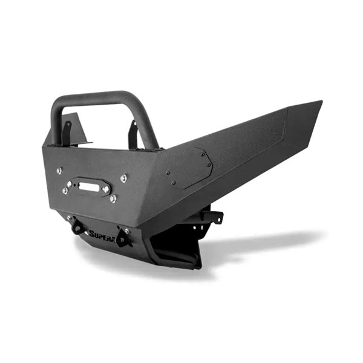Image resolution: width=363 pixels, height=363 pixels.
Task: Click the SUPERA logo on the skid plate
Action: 102,234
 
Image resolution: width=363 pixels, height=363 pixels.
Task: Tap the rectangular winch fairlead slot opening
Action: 88,187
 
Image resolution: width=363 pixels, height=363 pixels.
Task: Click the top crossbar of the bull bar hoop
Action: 97,97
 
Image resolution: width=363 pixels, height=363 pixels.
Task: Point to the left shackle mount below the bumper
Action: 77,227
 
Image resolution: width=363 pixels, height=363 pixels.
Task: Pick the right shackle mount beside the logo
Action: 123,238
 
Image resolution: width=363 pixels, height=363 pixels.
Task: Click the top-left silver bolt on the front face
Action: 59,171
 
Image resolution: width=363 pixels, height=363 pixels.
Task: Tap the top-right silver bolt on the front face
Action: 124,178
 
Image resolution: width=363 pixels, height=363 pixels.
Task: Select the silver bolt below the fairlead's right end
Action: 113,198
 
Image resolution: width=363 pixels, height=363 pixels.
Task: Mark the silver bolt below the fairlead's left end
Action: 65,191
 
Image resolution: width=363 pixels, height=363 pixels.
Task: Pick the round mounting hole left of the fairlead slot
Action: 70,183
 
